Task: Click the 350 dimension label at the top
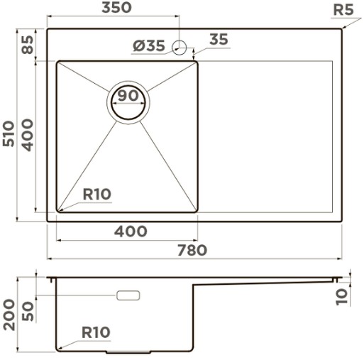coord(116,8)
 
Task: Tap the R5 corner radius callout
coord(343,10)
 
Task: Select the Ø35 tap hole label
coord(149,45)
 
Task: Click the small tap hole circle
coord(180,48)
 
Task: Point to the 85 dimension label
coord(28,45)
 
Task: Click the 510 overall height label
coord(9,133)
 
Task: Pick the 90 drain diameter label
coord(128,96)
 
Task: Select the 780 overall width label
coord(192,250)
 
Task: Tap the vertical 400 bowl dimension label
coord(28,135)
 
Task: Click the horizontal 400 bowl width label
coord(131,231)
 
